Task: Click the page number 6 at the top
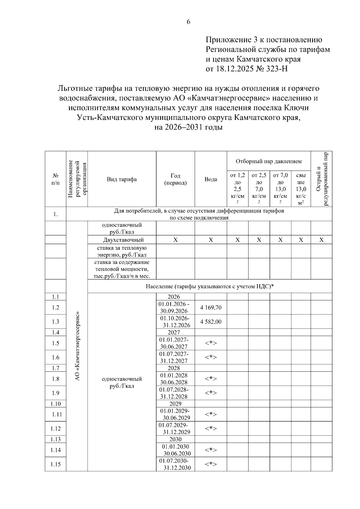tap(188, 22)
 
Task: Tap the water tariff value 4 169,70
tap(211, 307)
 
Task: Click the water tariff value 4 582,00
tap(211, 322)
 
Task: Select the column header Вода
tap(211, 179)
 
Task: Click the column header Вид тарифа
tap(122, 179)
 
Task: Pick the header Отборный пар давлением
tap(268, 162)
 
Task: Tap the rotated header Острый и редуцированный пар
tap(321, 179)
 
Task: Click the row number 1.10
tap(55, 404)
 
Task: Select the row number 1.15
tap(55, 464)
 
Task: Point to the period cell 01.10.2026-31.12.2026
tap(175, 322)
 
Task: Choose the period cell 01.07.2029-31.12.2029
tap(175, 428)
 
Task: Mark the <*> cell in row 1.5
tap(211, 343)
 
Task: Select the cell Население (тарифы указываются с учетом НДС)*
tap(210, 286)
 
